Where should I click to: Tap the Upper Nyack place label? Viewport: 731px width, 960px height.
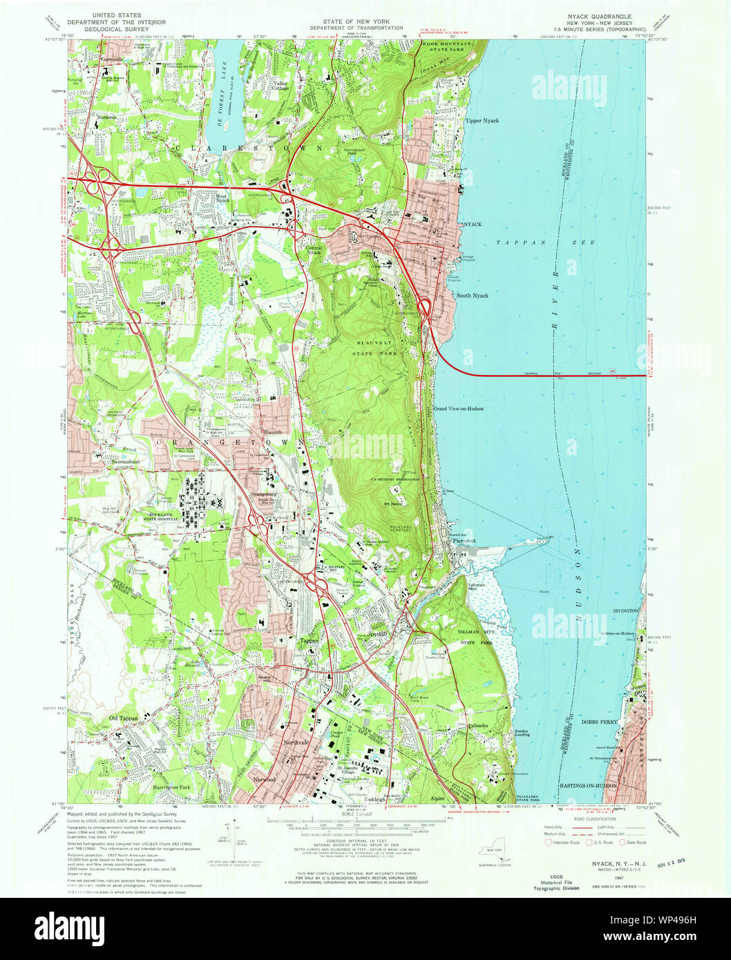482,121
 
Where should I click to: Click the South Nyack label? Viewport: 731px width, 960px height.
472,296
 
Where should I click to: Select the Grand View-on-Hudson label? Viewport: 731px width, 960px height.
458,409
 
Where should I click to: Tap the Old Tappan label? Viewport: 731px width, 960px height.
124,718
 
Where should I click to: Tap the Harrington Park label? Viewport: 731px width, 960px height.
166,787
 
